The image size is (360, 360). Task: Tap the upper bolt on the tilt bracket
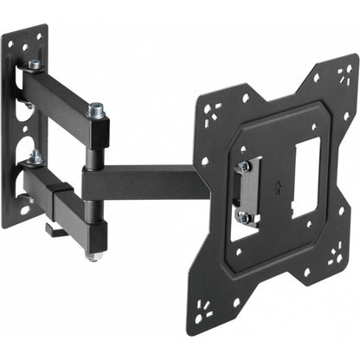point(245,165)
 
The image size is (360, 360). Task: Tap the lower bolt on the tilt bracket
point(246,217)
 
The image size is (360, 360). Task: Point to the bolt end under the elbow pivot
point(93,256)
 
